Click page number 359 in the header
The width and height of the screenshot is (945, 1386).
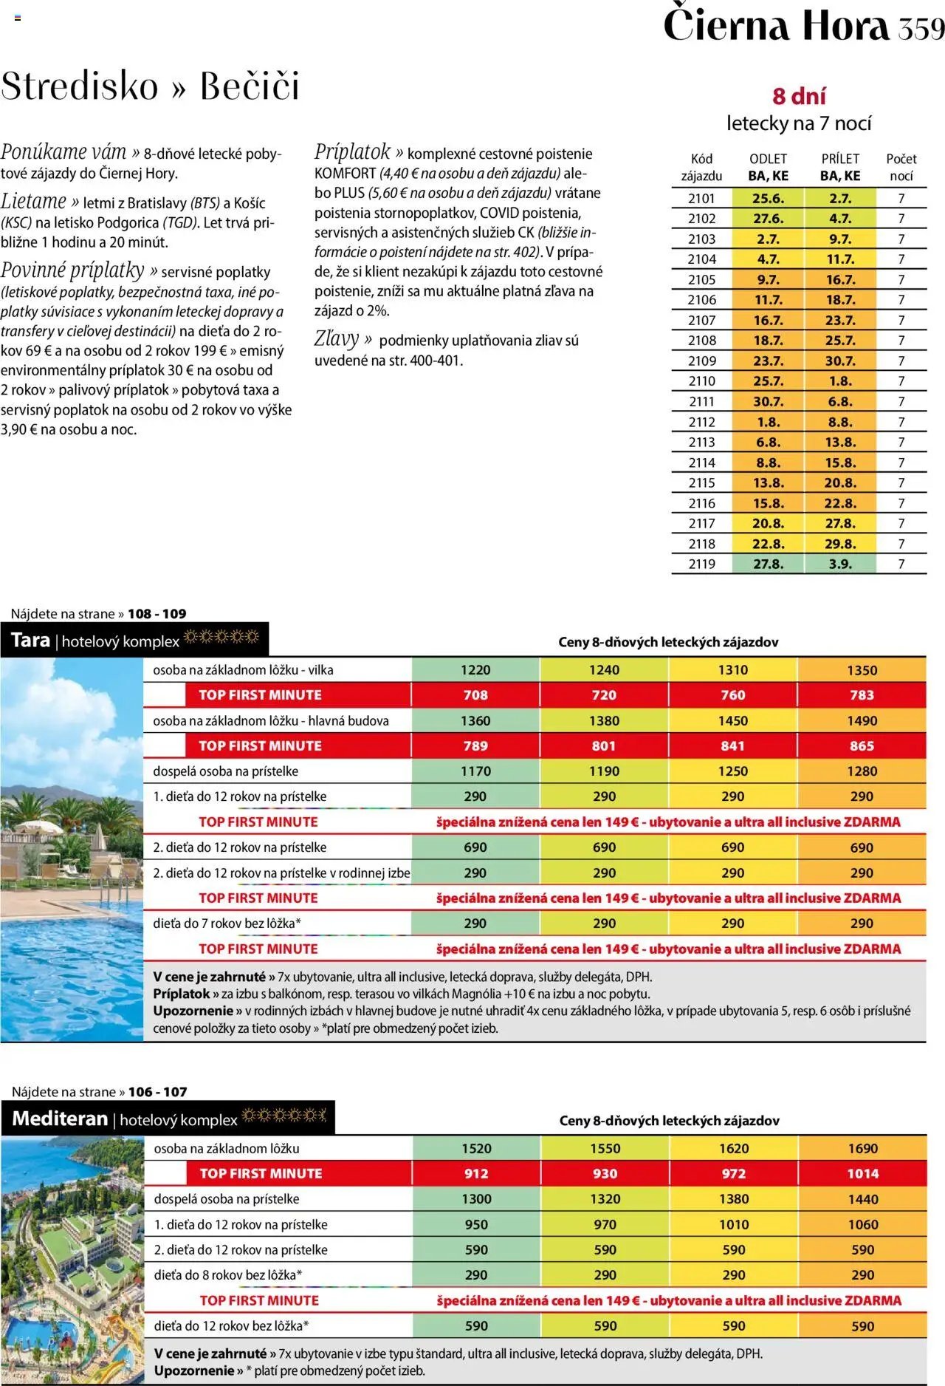coord(921,28)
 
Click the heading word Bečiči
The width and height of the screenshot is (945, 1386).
coord(250,86)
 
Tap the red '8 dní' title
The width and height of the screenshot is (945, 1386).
coord(799,96)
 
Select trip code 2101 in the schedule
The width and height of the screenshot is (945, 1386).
coord(701,199)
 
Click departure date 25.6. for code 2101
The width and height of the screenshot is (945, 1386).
coord(768,199)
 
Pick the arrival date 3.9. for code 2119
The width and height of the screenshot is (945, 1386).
coord(840,564)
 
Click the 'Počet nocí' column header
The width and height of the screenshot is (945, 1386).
coord(901,167)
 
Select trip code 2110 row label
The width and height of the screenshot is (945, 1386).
coord(701,381)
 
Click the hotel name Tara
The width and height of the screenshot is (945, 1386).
coord(31,640)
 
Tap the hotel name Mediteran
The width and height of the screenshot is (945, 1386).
coord(61,1119)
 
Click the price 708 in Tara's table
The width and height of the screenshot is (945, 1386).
coord(475,695)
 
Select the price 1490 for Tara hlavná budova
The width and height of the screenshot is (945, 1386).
coord(862,720)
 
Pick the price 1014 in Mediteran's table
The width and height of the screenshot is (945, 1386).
coord(862,1173)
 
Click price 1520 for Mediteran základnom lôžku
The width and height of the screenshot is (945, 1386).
coord(476,1148)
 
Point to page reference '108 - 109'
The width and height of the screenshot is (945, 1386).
coord(157,613)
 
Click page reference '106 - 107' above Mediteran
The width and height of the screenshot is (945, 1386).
coord(157,1092)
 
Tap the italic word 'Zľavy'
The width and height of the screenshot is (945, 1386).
coord(337,339)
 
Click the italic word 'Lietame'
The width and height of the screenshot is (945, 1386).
coord(34,201)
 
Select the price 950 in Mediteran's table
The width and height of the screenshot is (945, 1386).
coord(476,1224)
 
